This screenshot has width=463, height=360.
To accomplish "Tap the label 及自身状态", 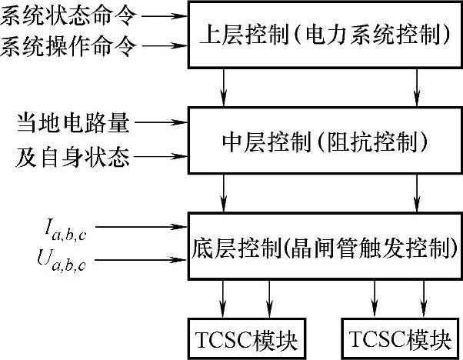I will (x=68, y=159).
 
